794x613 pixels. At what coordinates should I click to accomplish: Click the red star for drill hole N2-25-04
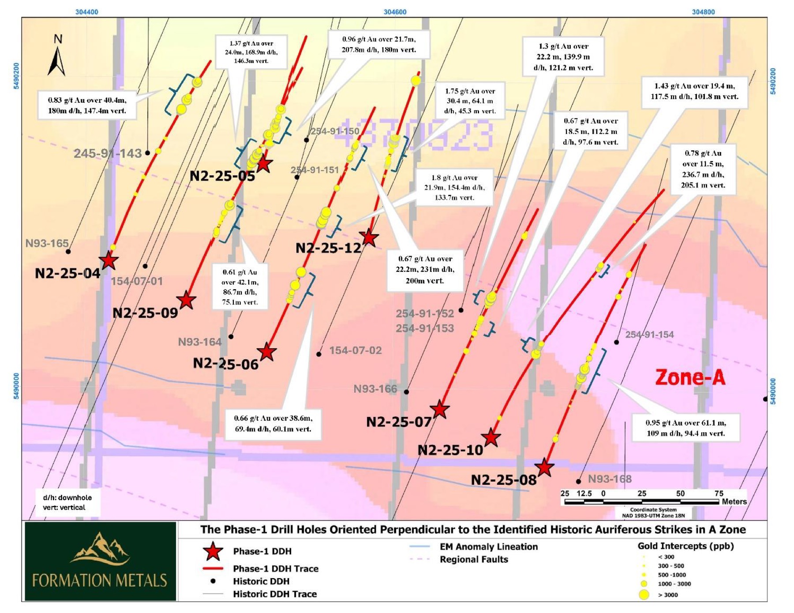point(108,260)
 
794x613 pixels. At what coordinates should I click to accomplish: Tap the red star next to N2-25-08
point(544,468)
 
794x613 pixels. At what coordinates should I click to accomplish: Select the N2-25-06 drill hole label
point(225,364)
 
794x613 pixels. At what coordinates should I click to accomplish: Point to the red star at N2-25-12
point(369,238)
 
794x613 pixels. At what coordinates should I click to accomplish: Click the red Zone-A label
point(690,377)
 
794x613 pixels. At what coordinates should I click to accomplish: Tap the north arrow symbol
point(57,56)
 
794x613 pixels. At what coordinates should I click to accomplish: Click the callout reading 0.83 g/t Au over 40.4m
point(87,105)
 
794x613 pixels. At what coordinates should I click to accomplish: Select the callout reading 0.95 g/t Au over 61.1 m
point(685,428)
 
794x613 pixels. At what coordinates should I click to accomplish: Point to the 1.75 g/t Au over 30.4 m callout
point(470,101)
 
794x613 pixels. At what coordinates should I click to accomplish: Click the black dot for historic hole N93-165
point(68,252)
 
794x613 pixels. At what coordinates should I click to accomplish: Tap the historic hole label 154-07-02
point(355,350)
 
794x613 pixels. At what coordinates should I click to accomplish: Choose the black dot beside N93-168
point(578,481)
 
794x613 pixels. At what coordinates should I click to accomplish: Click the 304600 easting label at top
point(395,12)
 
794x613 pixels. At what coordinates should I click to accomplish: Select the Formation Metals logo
point(100,561)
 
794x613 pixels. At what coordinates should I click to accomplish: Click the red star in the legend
point(213,551)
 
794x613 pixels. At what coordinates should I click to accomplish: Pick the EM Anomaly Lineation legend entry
point(488,547)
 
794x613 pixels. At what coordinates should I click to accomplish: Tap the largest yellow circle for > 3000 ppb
point(644,594)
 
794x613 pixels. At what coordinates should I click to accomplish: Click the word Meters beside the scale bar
point(734,502)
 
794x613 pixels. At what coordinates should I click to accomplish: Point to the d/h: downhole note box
point(67,502)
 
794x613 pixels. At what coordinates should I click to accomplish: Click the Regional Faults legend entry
point(474,560)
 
